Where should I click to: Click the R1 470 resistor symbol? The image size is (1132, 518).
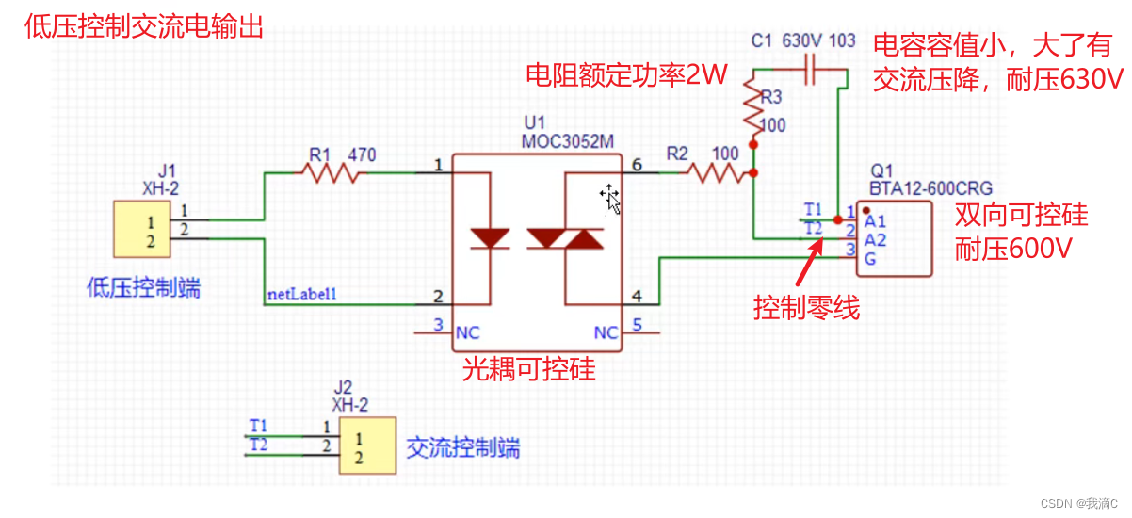click(x=330, y=172)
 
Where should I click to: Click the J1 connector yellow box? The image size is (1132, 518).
click(x=141, y=229)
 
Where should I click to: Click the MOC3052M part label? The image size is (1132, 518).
click(x=568, y=140)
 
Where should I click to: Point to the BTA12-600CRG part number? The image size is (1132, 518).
click(x=930, y=187)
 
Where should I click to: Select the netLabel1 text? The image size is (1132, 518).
click(x=302, y=295)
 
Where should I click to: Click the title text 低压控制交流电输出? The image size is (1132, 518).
click(x=142, y=25)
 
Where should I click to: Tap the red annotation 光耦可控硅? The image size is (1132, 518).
click(x=528, y=368)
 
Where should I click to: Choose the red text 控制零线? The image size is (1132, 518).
click(x=806, y=308)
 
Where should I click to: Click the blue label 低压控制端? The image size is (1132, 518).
click(x=142, y=287)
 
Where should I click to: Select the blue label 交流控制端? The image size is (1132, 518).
click(x=462, y=447)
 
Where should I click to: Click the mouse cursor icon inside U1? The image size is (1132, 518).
click(x=610, y=197)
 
